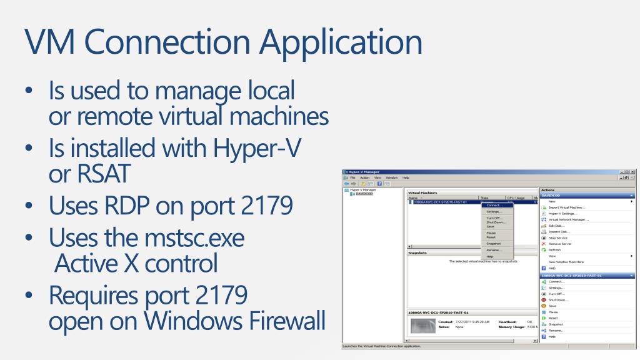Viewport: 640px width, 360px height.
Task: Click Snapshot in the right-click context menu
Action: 493,243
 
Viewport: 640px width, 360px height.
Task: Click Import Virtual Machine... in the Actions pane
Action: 566,207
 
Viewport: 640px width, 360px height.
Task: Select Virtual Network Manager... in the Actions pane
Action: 568,219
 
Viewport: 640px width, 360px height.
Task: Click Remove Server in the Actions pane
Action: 561,244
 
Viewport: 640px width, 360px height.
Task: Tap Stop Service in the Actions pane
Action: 559,237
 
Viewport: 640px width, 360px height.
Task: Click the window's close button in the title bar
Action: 633,171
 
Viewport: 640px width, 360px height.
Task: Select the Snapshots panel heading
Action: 417,253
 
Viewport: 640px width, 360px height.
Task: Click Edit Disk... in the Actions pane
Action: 556,226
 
